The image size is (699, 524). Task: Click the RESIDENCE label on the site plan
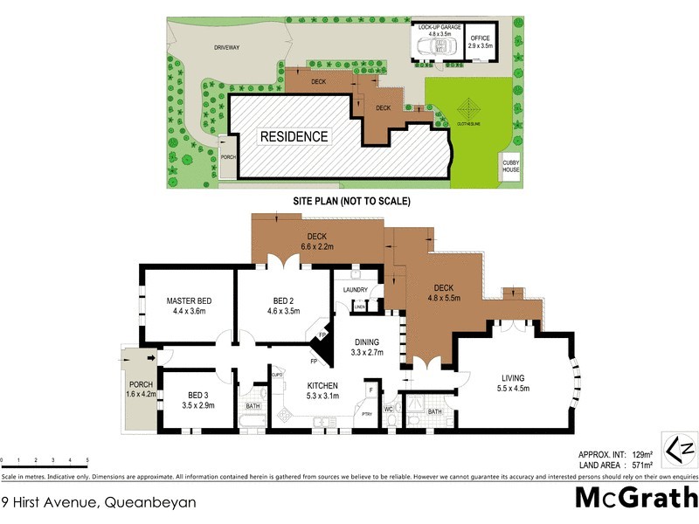294,136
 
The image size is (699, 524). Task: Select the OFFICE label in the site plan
481,38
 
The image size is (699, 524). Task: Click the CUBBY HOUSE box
511,167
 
